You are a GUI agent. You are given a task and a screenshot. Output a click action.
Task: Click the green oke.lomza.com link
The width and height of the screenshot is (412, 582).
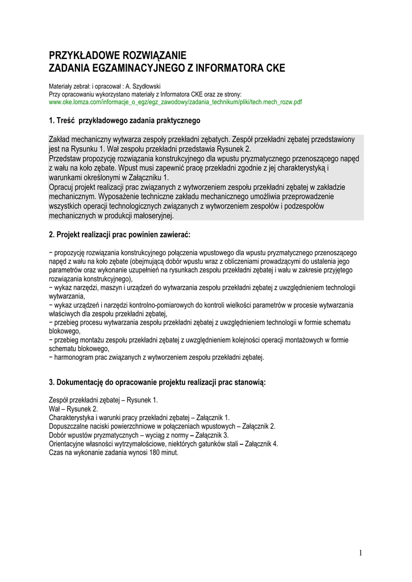[176, 102]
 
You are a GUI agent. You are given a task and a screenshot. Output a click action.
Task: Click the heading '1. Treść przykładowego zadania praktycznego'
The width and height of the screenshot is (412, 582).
[124, 120]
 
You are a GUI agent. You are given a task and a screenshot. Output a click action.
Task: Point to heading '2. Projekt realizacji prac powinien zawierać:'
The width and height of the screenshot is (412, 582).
[120, 235]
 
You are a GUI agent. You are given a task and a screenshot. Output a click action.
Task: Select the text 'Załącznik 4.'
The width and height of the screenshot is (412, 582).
[261, 444]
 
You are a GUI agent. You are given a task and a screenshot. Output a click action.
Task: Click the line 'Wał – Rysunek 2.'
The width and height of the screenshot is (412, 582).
[74, 409]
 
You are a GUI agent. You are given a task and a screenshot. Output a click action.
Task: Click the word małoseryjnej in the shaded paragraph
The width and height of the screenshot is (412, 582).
[150, 216]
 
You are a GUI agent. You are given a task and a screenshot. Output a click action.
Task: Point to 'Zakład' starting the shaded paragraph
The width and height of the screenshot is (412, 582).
[60, 139]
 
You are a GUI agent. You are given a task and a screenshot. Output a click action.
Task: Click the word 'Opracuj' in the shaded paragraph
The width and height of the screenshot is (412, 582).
[63, 187]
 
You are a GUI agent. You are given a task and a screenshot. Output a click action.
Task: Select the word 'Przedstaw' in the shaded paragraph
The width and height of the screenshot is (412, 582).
[66, 159]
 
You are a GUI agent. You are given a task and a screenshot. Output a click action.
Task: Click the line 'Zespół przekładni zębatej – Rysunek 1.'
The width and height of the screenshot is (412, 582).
[104, 400]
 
